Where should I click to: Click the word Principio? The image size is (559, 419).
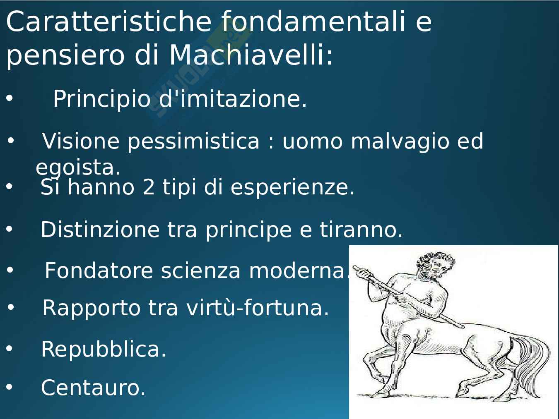pyautogui.click(x=101, y=99)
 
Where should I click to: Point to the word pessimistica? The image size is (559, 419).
pyautogui.click(x=193, y=142)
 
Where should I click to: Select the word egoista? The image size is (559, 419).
pyautogui.click(x=78, y=168)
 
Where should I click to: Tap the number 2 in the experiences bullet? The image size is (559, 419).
pyautogui.click(x=149, y=187)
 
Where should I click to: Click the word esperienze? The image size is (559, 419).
pyautogui.click(x=292, y=188)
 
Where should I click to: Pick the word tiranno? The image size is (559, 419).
pyautogui.click(x=361, y=230)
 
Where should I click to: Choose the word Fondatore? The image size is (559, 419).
pyautogui.click(x=99, y=271)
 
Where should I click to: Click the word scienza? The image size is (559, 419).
pyautogui.click(x=201, y=271)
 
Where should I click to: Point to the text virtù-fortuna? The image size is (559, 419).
pyautogui.click(x=258, y=308)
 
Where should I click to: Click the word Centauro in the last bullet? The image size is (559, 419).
pyautogui.click(x=93, y=388)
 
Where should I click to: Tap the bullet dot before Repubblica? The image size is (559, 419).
pyautogui.click(x=10, y=348)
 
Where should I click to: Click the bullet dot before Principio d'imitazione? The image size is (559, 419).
pyautogui.click(x=10, y=98)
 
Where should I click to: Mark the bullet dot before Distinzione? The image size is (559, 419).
pyautogui.click(x=10, y=229)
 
